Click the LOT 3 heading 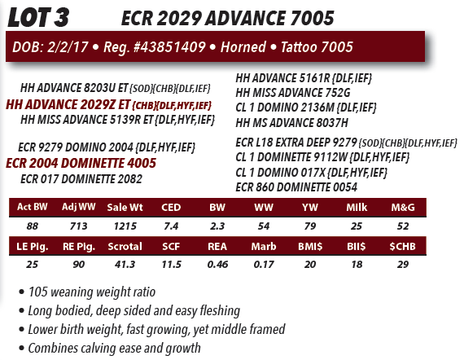pyautogui.click(x=38, y=17)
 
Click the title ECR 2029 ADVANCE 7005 pyautogui.click(x=228, y=18)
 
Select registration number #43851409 pyautogui.click(x=169, y=47)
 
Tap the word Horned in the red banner pyautogui.click(x=243, y=47)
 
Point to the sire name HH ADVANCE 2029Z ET pyautogui.click(x=68, y=104)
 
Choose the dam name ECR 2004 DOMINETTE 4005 pyautogui.click(x=81, y=163)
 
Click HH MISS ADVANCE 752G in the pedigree pyautogui.click(x=293, y=93)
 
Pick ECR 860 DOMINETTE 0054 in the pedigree pyautogui.click(x=296, y=187)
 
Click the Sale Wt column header pyautogui.click(x=125, y=207)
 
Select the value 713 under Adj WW pyautogui.click(x=79, y=226)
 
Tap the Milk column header pyautogui.click(x=357, y=207)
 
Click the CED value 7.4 pyautogui.click(x=171, y=226)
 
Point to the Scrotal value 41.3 pyautogui.click(x=125, y=264)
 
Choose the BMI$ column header pyautogui.click(x=310, y=246)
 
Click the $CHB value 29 pyautogui.click(x=403, y=264)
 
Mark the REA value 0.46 pyautogui.click(x=217, y=264)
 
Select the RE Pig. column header pyautogui.click(x=79, y=246)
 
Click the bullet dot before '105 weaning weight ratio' pyautogui.click(x=21, y=292)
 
